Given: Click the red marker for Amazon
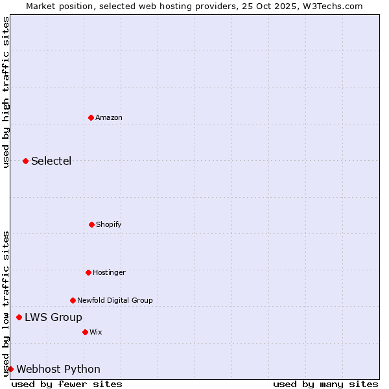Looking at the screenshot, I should (91, 117).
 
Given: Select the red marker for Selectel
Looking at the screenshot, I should (25, 161).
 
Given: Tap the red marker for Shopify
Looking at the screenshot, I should (91, 224).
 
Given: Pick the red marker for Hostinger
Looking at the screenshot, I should (88, 272).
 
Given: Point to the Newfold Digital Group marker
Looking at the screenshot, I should (73, 300).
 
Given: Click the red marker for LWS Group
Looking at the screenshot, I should (19, 317).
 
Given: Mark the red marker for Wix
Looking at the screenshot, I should (85, 332).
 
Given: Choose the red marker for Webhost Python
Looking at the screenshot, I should (10, 369).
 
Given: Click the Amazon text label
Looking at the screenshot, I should (109, 117).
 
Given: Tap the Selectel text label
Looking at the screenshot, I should (51, 161).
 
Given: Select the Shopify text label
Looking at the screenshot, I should (109, 224).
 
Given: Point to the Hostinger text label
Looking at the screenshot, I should (109, 272).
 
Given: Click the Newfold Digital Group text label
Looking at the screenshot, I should (115, 300).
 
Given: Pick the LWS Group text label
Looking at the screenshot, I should (53, 317).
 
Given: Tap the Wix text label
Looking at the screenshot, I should (96, 332).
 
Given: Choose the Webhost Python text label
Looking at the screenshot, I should (58, 369).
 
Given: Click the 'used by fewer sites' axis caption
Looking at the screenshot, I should (67, 384).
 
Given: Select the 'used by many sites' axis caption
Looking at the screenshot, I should (325, 384).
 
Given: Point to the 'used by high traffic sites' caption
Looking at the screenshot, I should (6, 92).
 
